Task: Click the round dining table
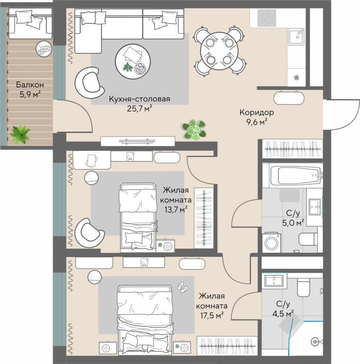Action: (220, 52)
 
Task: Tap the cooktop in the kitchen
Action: (267, 18)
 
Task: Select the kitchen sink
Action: (296, 36)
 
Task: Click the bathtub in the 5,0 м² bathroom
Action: (296, 176)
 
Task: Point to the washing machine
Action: (271, 242)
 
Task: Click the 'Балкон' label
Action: (30, 85)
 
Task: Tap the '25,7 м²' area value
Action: (139, 109)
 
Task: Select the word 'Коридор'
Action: (257, 112)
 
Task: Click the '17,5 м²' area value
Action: (212, 316)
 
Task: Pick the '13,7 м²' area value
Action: (176, 209)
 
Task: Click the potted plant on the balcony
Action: (20, 134)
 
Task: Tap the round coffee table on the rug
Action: (133, 62)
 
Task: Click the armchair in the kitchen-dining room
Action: (89, 82)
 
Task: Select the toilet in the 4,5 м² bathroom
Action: (304, 287)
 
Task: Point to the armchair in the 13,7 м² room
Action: (89, 233)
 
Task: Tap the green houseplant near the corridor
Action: (194, 130)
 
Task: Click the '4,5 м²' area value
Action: (283, 314)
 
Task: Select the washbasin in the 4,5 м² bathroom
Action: (274, 281)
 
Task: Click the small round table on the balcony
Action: (44, 48)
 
